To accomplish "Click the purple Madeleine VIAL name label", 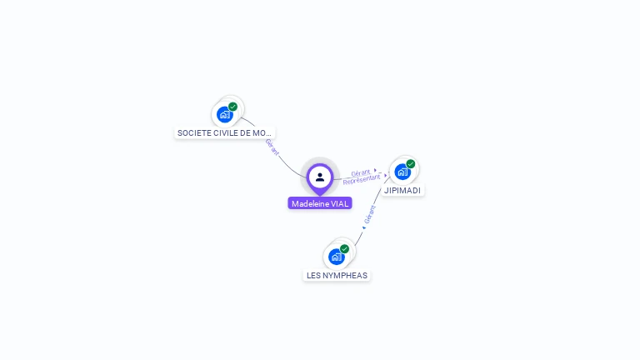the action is click(320, 203).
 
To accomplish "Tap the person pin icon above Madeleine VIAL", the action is click(320, 177).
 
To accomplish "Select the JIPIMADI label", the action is click(402, 190).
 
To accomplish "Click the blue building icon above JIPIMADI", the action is click(402, 172).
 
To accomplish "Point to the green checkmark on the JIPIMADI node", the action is click(411, 164).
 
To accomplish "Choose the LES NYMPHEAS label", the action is click(337, 275).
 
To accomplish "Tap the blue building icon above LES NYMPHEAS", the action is click(337, 257).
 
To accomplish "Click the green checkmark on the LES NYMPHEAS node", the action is click(345, 248).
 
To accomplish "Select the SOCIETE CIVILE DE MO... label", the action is click(224, 132).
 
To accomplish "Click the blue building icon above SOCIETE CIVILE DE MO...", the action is click(224, 114).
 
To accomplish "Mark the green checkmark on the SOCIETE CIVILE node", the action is click(233, 106).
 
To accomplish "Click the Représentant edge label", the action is click(362, 179).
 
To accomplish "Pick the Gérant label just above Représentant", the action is click(360, 172).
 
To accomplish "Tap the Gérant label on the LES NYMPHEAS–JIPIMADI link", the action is click(370, 213).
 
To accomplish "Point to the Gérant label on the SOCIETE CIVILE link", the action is click(272, 146).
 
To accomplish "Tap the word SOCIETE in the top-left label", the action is click(192, 132).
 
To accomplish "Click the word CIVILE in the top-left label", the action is click(225, 132).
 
